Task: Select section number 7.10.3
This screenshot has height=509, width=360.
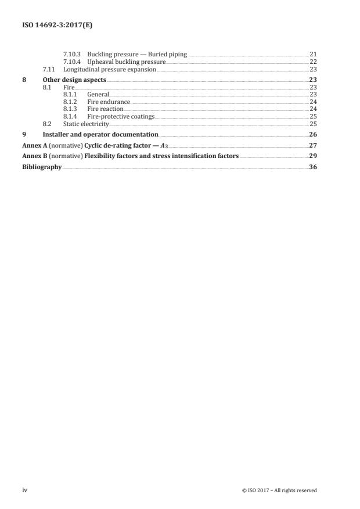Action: [x=73, y=54]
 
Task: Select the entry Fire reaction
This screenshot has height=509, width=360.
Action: [x=105, y=109]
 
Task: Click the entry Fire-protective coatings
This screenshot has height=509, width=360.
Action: [x=121, y=116]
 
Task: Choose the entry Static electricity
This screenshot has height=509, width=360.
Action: [x=86, y=124]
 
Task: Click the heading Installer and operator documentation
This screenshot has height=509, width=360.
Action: [x=100, y=134]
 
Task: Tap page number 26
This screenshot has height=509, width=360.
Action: [x=313, y=134]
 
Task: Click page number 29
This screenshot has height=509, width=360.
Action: [x=313, y=156]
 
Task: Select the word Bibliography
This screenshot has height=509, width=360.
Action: [x=42, y=166]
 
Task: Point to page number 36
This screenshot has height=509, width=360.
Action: [x=313, y=166]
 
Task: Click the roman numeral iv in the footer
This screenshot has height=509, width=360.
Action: [x=25, y=490]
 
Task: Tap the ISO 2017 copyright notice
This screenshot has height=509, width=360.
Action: [x=279, y=490]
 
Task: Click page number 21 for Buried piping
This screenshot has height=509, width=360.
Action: [x=313, y=54]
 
